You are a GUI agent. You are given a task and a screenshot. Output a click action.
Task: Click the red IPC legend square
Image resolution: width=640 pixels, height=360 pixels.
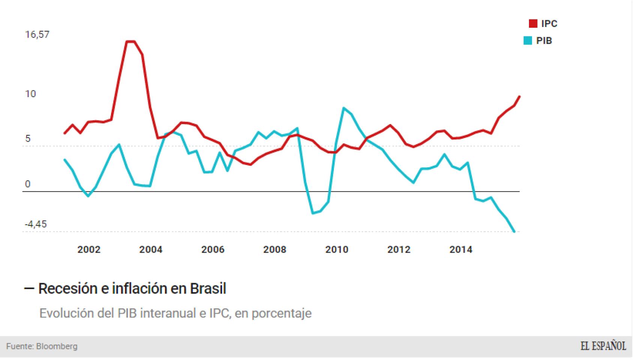click(533, 24)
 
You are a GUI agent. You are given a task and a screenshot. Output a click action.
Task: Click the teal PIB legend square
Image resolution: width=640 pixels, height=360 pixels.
click(528, 40)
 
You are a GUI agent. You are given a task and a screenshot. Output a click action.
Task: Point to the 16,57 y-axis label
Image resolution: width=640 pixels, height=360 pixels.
click(37, 34)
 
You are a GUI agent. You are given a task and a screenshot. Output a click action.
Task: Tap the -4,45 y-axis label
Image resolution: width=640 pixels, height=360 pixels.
click(36, 224)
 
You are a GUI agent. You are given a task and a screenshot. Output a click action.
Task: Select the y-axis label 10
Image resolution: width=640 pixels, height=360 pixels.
click(30, 94)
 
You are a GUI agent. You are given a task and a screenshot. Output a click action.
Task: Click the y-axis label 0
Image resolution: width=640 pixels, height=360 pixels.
click(28, 184)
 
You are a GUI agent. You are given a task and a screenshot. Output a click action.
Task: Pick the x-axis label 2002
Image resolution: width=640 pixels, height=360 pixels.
click(89, 249)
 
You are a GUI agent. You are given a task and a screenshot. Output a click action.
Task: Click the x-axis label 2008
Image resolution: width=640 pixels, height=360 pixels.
click(275, 249)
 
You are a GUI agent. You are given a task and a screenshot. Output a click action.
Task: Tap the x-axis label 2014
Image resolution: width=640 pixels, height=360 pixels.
click(461, 249)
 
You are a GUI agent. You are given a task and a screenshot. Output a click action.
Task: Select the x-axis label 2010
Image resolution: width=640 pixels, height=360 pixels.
click(337, 249)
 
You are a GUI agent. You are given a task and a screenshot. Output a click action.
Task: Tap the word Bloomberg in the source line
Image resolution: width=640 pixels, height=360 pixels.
click(57, 346)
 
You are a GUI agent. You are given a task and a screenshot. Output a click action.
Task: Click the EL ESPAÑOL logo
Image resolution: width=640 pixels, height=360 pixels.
click(603, 346)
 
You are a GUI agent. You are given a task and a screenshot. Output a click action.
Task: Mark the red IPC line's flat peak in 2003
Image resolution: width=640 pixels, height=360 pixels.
click(130, 42)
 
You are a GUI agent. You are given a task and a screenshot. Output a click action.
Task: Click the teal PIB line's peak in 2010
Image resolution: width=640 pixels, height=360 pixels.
click(344, 108)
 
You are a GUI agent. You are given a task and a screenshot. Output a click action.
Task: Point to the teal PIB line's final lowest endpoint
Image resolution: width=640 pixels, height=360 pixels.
click(514, 232)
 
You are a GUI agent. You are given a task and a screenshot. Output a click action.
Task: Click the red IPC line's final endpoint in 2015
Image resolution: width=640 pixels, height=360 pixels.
click(520, 96)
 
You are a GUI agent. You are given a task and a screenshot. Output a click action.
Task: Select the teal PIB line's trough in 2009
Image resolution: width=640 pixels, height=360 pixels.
click(312, 213)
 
